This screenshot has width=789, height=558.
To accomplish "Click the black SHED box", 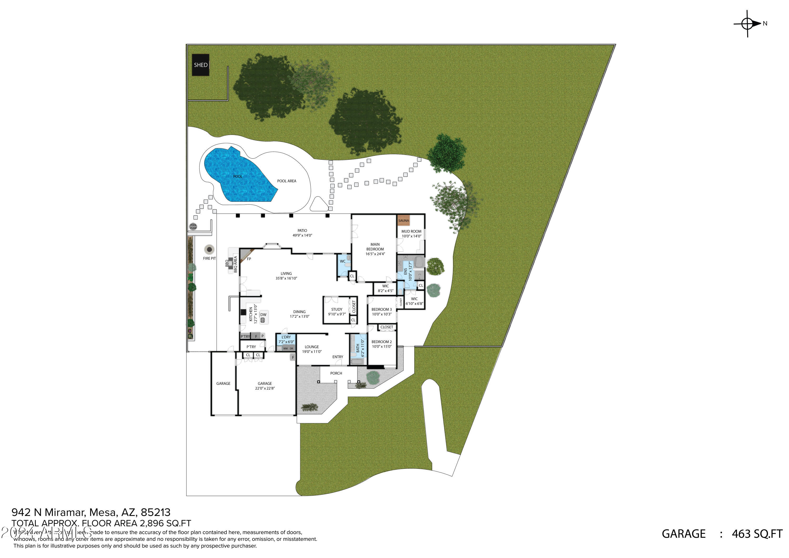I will tap(200, 65).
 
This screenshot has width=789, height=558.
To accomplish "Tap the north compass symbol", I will tap(747, 24).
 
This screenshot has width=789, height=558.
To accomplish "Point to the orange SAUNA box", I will tap(403, 220).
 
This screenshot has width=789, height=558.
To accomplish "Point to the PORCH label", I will tap(336, 373).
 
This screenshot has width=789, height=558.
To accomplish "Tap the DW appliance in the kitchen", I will tap(263, 315).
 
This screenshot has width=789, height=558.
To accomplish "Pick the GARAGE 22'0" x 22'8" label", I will tap(265, 386).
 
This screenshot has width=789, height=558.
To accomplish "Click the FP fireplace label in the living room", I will tap(249, 259).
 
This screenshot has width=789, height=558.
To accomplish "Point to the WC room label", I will tap(343, 261).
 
